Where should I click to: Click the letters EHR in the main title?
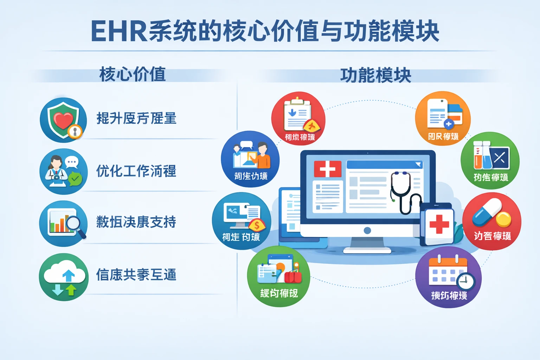tap(119, 32)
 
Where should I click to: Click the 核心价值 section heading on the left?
tap(133, 74)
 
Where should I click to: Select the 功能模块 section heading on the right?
tap(375, 75)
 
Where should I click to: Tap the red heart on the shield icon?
tap(63, 120)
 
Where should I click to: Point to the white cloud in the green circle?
tap(64, 272)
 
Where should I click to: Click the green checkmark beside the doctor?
tap(75, 179)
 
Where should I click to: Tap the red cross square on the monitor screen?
tap(328, 169)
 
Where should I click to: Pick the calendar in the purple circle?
tap(446, 271)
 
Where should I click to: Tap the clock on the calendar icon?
tap(466, 281)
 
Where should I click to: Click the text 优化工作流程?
tap(136, 171)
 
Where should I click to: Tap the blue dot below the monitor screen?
tap(367, 231)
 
